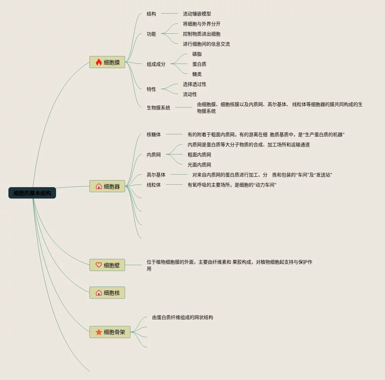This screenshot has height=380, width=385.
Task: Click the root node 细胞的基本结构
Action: [32, 193]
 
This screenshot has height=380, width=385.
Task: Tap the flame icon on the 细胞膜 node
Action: [99, 62]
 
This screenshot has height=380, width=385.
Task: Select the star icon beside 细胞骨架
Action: [99, 332]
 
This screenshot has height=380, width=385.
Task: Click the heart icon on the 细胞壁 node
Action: [99, 265]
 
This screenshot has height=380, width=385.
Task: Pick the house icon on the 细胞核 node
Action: [99, 293]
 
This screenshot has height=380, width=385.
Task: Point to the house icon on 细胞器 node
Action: [99, 186]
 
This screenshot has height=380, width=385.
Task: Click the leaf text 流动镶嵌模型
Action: [197, 14]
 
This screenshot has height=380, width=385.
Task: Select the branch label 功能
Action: [151, 34]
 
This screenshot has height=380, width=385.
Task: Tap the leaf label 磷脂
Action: [197, 54]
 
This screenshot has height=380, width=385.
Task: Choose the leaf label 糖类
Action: [197, 74]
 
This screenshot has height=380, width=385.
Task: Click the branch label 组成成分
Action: [156, 64]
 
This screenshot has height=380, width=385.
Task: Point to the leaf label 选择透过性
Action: [194, 84]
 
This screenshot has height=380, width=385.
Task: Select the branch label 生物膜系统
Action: [158, 108]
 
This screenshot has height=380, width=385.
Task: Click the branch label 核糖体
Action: [153, 134]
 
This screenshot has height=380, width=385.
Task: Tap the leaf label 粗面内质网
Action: [199, 155]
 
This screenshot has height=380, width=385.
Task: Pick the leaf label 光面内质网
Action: [199, 165]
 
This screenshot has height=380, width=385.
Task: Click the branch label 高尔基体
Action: [156, 175]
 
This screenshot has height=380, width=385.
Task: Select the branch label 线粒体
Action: [153, 185]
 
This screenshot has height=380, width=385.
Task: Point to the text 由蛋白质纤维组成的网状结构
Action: [182, 317]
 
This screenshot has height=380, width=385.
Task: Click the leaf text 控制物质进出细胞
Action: [201, 34]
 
